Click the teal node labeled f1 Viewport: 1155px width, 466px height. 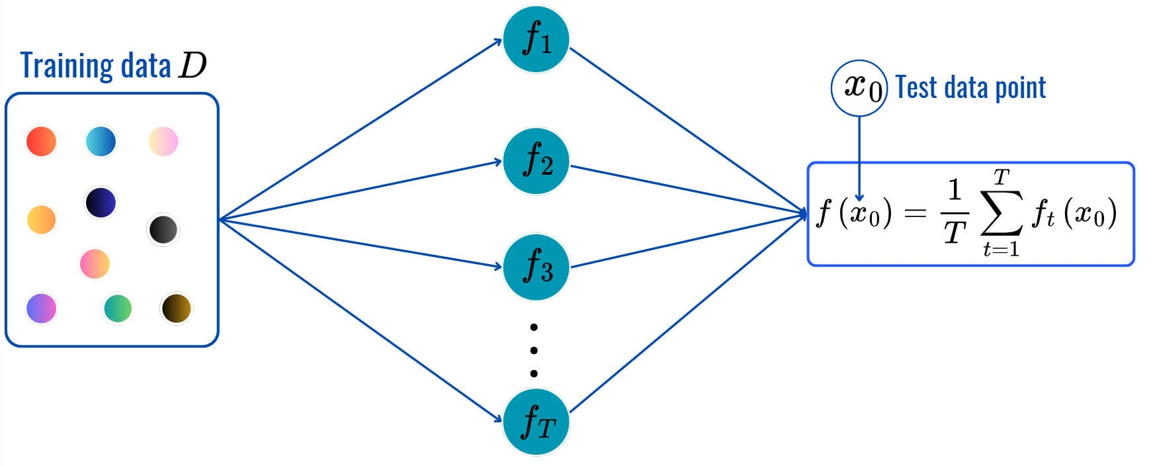[536, 40]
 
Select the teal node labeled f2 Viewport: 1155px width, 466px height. [536, 161]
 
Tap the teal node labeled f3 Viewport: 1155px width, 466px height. [536, 267]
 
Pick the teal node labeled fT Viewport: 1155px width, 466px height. [536, 422]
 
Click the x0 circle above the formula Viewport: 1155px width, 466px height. [859, 88]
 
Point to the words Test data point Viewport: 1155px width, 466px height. [970, 88]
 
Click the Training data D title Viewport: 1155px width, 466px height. [113, 66]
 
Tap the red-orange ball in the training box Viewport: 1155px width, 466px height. [41, 142]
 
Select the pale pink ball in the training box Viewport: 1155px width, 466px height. [163, 141]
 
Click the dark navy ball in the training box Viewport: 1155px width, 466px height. [101, 202]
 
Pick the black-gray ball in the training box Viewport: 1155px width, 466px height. [163, 229]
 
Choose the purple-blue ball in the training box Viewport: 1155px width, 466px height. [41, 308]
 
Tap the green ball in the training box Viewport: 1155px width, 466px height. [118, 308]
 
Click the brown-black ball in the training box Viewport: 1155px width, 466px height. [176, 308]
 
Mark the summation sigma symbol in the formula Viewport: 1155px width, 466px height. [1001, 213]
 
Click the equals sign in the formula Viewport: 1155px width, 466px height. [915, 213]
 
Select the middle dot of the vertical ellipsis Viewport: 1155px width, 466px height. [534, 350]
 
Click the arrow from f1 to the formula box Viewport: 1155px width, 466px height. [688, 130]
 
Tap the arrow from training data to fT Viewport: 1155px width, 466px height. [361, 320]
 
